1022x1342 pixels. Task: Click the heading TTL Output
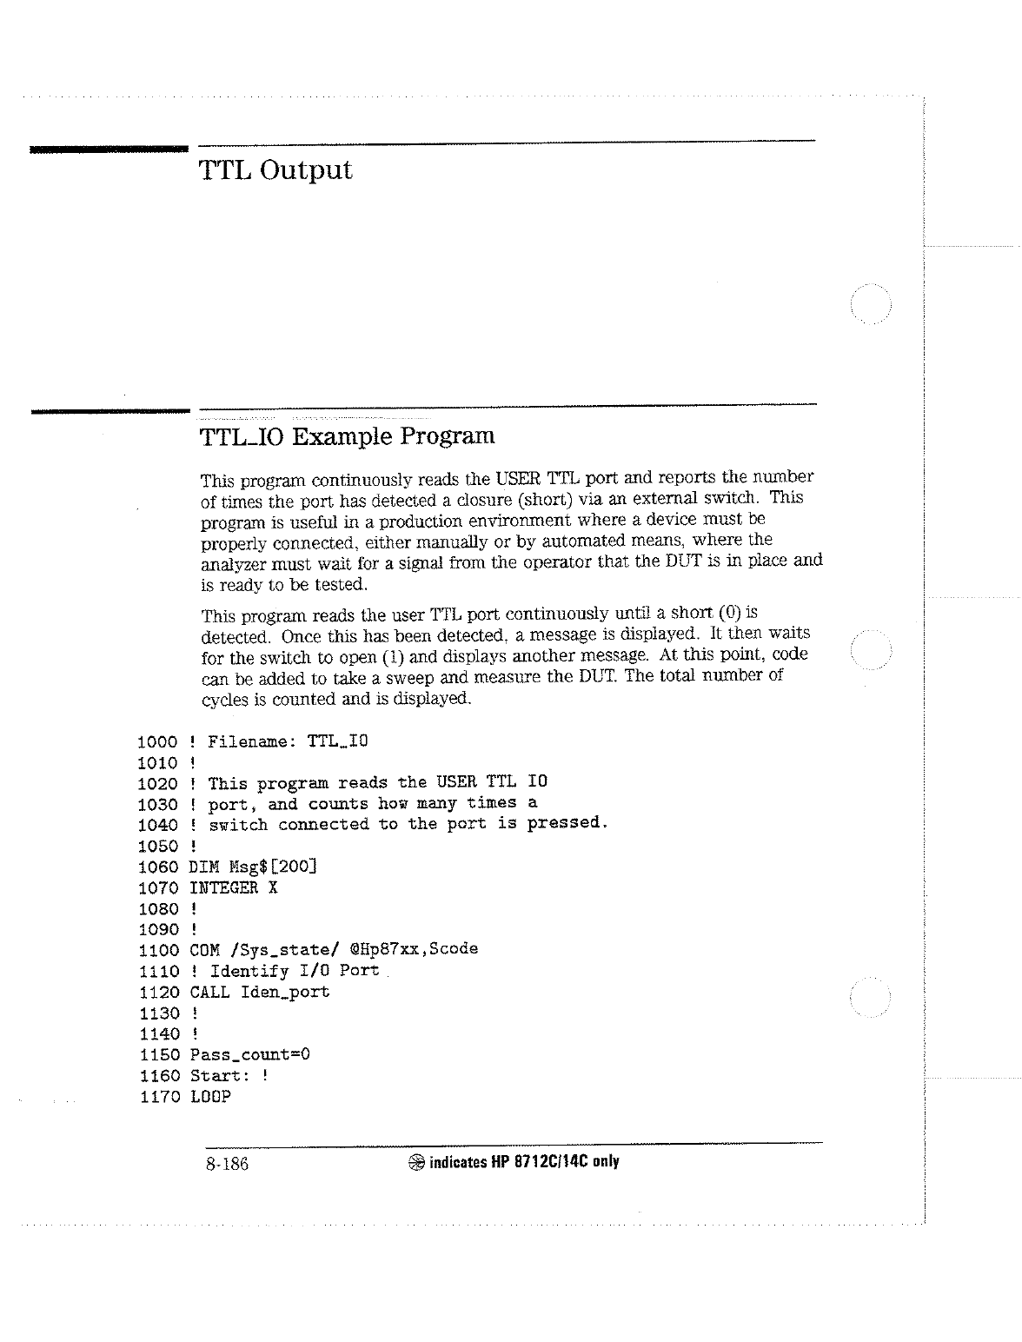point(275,170)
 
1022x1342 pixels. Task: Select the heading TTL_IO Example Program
point(347,435)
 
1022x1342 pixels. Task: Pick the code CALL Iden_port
point(259,992)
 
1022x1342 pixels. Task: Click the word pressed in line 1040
point(565,822)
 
